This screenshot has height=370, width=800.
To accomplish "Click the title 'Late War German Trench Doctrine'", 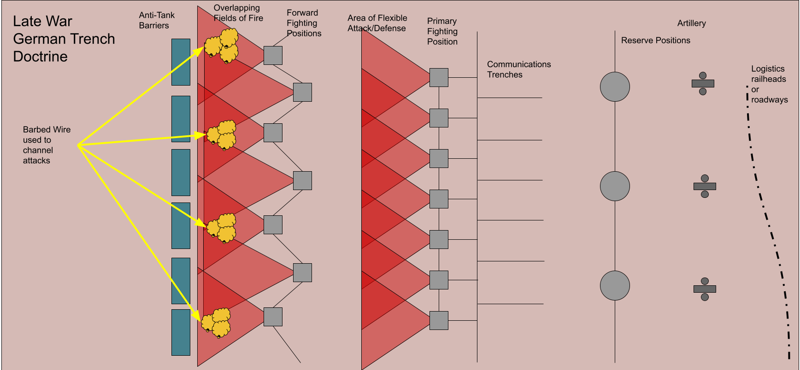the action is (64, 39).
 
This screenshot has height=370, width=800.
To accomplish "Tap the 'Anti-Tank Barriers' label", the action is (157, 20).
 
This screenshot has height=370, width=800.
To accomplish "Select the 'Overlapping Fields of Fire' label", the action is (238, 13).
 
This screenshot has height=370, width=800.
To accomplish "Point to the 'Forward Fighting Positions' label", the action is (304, 23).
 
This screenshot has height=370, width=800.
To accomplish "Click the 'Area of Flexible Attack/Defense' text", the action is (377, 23).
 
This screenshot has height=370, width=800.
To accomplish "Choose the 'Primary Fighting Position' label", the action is (442, 31).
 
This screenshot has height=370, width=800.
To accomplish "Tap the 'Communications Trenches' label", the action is (519, 69).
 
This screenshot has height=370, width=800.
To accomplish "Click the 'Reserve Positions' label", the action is (655, 40).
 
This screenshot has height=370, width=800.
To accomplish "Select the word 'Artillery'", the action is (691, 23).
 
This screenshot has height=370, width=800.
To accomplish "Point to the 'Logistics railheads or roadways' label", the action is (769, 84).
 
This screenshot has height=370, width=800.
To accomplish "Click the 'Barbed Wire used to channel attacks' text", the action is (47, 145).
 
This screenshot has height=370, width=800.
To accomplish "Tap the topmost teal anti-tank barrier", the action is (181, 62).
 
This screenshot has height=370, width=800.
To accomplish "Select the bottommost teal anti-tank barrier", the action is (181, 332).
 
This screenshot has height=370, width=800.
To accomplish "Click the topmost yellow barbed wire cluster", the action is (222, 46).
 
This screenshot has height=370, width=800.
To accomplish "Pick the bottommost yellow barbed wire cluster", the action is (216, 323).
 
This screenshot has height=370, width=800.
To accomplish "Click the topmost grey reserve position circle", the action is (615, 87).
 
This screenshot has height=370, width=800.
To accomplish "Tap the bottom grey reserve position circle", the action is (615, 285).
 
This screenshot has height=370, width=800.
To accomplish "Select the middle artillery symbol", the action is (705, 186).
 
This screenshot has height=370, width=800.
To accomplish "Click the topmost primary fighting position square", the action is (439, 77).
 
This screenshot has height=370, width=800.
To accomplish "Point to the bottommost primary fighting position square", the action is (439, 320).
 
